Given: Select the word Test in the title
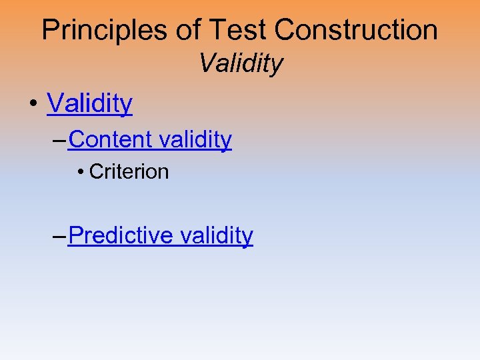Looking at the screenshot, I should pos(235,30).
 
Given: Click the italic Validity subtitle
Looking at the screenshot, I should pos(241,64).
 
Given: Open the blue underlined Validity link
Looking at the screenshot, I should pos(89,103).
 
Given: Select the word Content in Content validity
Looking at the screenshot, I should pos(110,139).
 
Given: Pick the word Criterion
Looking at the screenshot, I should pos(129,172).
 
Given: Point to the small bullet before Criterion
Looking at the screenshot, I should pos(80,173).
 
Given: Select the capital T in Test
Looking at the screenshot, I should pos(216,30).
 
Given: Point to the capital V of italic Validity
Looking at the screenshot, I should pos(206,64).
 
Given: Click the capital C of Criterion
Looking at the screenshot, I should pos(95,172).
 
